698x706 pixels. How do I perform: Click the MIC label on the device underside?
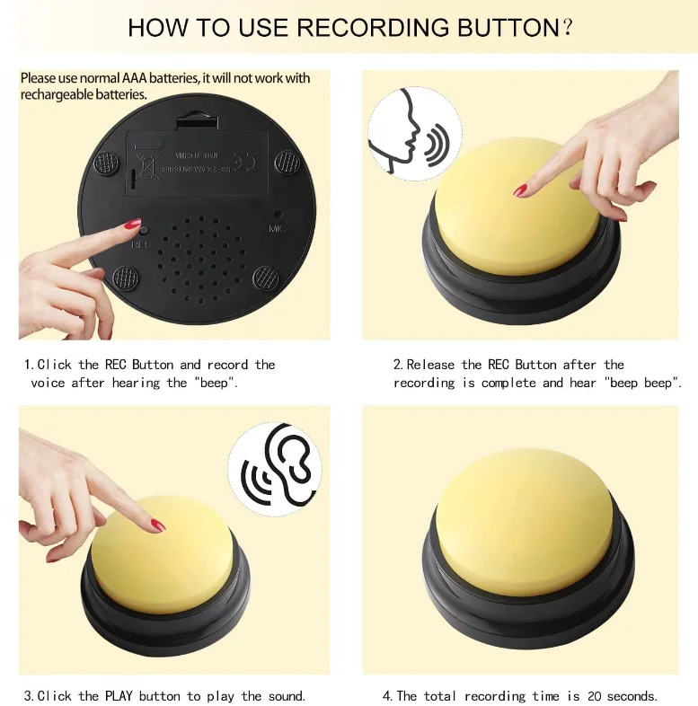tap(278, 228)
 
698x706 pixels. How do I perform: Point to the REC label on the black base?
tap(140, 243)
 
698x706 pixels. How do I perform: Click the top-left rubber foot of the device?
tap(107, 163)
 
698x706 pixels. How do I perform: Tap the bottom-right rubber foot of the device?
tap(266, 277)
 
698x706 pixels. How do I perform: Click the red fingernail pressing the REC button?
tap(132, 224)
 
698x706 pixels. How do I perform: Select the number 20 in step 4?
tap(595, 696)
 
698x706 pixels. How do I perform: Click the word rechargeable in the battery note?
tap(56, 94)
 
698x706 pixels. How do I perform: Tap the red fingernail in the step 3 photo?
tap(157, 525)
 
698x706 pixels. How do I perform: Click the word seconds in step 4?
tap(633, 696)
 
